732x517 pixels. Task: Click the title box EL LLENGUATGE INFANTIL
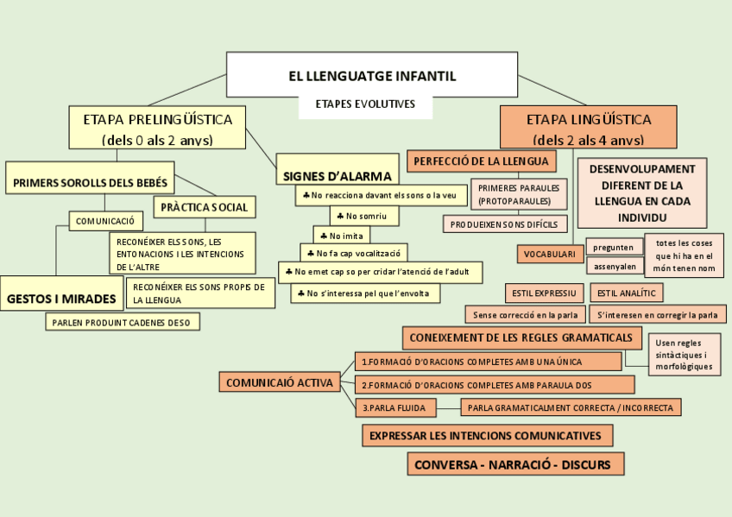[x=372, y=75]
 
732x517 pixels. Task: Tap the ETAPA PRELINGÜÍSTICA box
[x=156, y=128]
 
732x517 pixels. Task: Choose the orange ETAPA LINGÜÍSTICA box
[x=588, y=128]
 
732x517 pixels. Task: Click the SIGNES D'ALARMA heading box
[x=337, y=176]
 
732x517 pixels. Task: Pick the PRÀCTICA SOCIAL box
[x=204, y=207]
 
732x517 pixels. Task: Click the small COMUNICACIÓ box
[x=105, y=222]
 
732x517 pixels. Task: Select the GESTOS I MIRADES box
[x=61, y=299]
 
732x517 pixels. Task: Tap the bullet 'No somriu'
[x=356, y=215]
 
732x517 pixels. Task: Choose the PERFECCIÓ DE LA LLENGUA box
[x=482, y=161]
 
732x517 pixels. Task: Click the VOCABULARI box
[x=549, y=254]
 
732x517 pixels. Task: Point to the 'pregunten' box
[x=614, y=247]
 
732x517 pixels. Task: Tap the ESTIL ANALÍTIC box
[x=626, y=293]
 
